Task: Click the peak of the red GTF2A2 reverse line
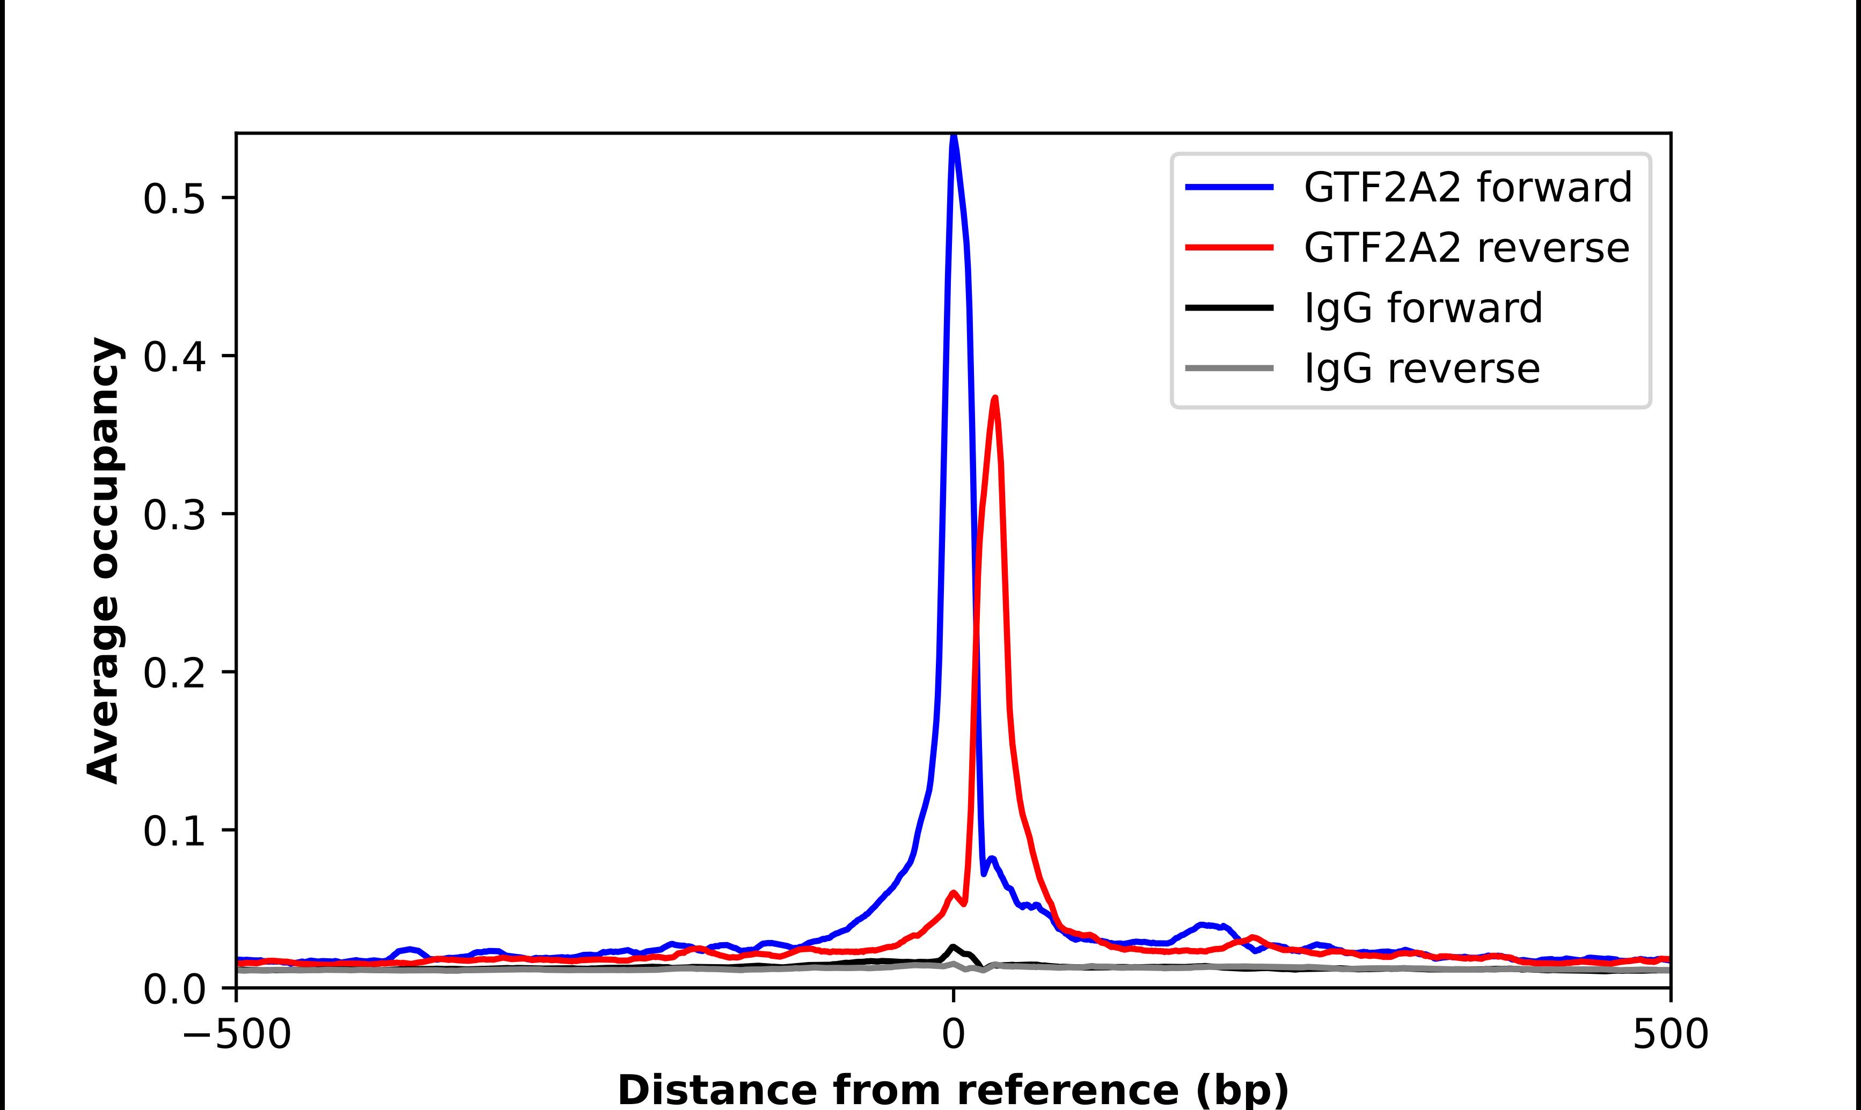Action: click(994, 398)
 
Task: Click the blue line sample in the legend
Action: click(1229, 187)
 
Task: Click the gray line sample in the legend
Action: click(1229, 368)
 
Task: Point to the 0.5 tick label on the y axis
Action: click(174, 199)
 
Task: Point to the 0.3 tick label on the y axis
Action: click(174, 515)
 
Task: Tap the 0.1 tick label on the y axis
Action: click(174, 832)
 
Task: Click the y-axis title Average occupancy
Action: click(103, 561)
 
